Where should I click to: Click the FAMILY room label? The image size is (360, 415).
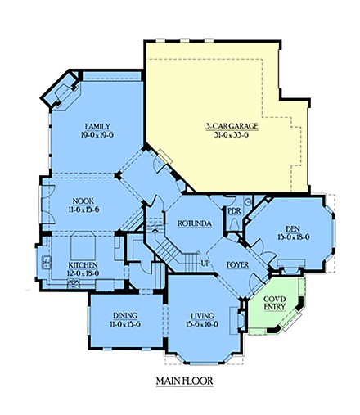tap(97, 126)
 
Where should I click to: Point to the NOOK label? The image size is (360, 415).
tap(84, 201)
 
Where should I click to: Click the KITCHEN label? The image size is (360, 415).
tap(83, 265)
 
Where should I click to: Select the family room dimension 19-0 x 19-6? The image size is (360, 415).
tap(97, 136)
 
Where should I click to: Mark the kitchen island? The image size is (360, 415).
tap(83, 244)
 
